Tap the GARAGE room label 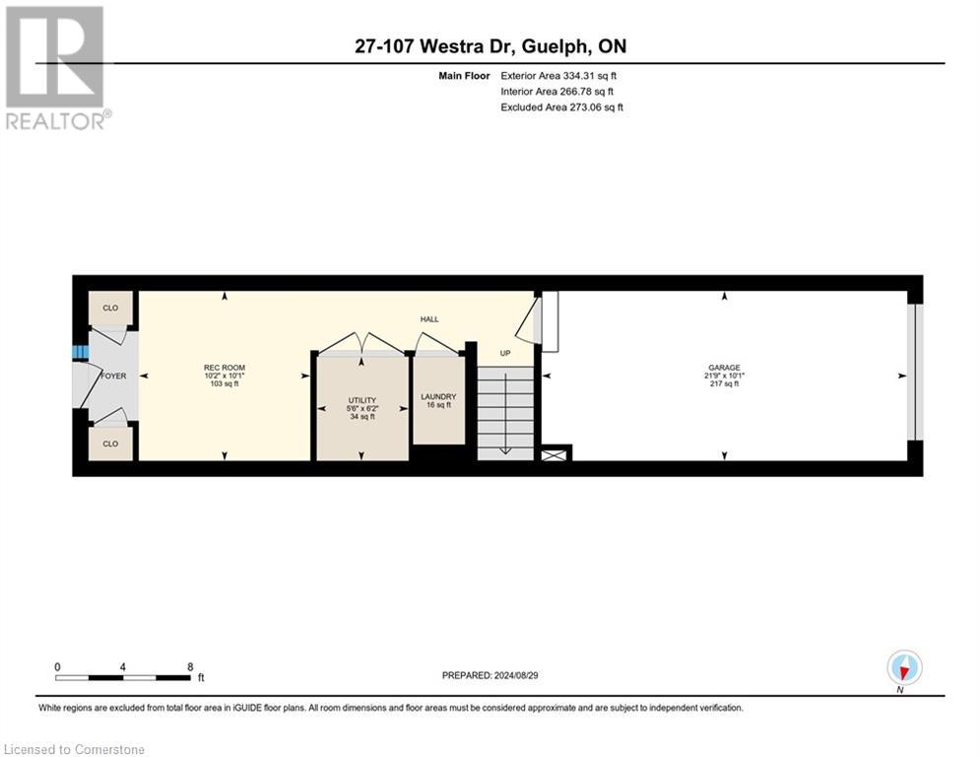click(x=724, y=368)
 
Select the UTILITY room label click(x=360, y=400)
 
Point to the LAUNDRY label click(x=438, y=396)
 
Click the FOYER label click(x=113, y=376)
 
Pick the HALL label click(x=429, y=319)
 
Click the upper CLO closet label click(x=110, y=309)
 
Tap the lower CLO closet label click(x=110, y=444)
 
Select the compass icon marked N click(x=903, y=668)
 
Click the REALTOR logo click(x=57, y=68)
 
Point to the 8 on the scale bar click(x=189, y=666)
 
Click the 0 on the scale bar click(x=57, y=666)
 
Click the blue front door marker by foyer click(x=77, y=353)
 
